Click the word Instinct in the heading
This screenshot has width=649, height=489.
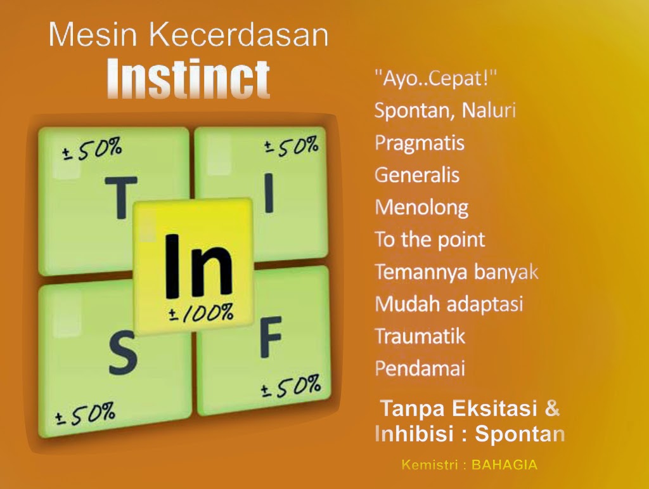(188, 79)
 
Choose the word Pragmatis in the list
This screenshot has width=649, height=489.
(419, 143)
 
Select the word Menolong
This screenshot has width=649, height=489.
(421, 207)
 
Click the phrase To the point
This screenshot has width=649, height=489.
(430, 239)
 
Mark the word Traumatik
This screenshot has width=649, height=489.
(420, 336)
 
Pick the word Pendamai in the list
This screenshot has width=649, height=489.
(420, 368)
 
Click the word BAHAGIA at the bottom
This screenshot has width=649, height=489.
(504, 465)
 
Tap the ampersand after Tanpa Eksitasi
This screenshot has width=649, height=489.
(553, 408)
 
